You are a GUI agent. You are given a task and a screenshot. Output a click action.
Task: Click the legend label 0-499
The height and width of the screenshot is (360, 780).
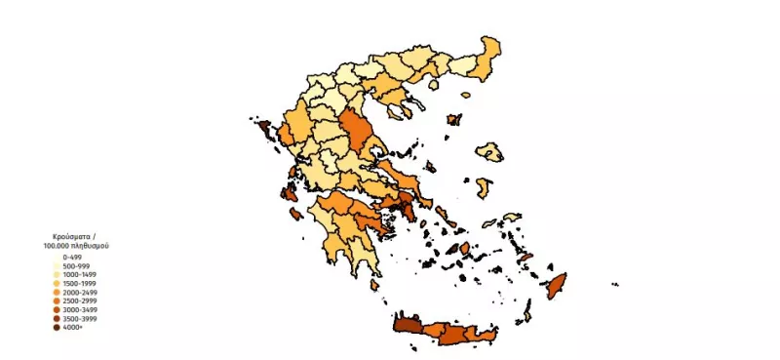pos(71,258)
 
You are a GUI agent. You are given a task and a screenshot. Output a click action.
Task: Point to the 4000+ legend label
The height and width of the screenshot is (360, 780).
pos(72,328)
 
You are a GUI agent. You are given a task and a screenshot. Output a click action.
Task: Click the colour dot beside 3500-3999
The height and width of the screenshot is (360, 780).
pos(57,319)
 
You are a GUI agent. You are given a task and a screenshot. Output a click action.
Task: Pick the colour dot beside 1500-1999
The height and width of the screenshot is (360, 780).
pos(57,284)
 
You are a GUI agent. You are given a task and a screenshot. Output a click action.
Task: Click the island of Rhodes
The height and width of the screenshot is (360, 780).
pos(558,287)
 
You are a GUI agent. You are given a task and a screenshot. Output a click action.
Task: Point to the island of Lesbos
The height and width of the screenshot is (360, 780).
pos(490,151)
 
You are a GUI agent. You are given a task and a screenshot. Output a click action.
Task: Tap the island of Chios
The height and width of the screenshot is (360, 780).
pos(482,186)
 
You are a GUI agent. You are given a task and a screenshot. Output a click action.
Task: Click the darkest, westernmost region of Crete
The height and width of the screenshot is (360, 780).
pos(409,326)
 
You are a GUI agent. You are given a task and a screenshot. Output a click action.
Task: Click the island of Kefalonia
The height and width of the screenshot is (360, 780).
pos(290,191)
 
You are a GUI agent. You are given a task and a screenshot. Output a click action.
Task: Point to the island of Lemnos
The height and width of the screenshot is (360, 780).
pos(453,120)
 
